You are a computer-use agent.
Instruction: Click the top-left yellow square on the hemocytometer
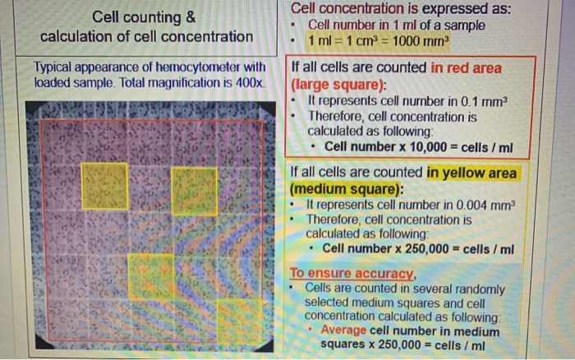tap(104, 186)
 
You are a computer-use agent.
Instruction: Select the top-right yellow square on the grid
tap(194, 190)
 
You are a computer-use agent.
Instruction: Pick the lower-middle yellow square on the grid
tap(151, 275)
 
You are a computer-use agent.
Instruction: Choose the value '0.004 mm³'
tap(479, 205)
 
